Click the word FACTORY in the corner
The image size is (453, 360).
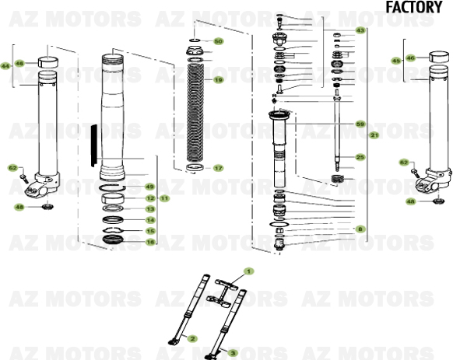tap(414, 7)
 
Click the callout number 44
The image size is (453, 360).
tap(5, 66)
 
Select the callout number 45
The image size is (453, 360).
tap(396, 61)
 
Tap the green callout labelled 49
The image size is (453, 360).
tap(149, 187)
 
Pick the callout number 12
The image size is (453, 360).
tap(149, 198)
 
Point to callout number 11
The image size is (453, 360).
tap(164, 198)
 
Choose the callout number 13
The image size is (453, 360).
tap(149, 209)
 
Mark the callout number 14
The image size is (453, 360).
tap(149, 220)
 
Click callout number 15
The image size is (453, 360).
tap(149, 231)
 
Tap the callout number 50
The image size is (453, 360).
tap(218, 41)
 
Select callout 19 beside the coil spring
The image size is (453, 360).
tap(218, 79)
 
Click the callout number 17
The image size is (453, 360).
tap(218, 168)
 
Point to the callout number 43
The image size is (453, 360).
tap(360, 30)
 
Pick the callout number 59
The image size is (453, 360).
tap(360, 124)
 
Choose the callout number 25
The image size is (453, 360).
tap(360, 157)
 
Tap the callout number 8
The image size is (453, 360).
tap(360, 229)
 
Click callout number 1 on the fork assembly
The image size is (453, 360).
tap(249, 271)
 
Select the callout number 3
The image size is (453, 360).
tap(231, 351)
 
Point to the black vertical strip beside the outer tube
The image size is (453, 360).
tap(93, 152)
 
